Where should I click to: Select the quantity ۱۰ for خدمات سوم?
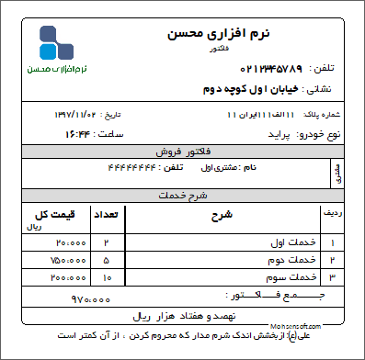107,276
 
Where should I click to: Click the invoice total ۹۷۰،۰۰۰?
91,298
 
